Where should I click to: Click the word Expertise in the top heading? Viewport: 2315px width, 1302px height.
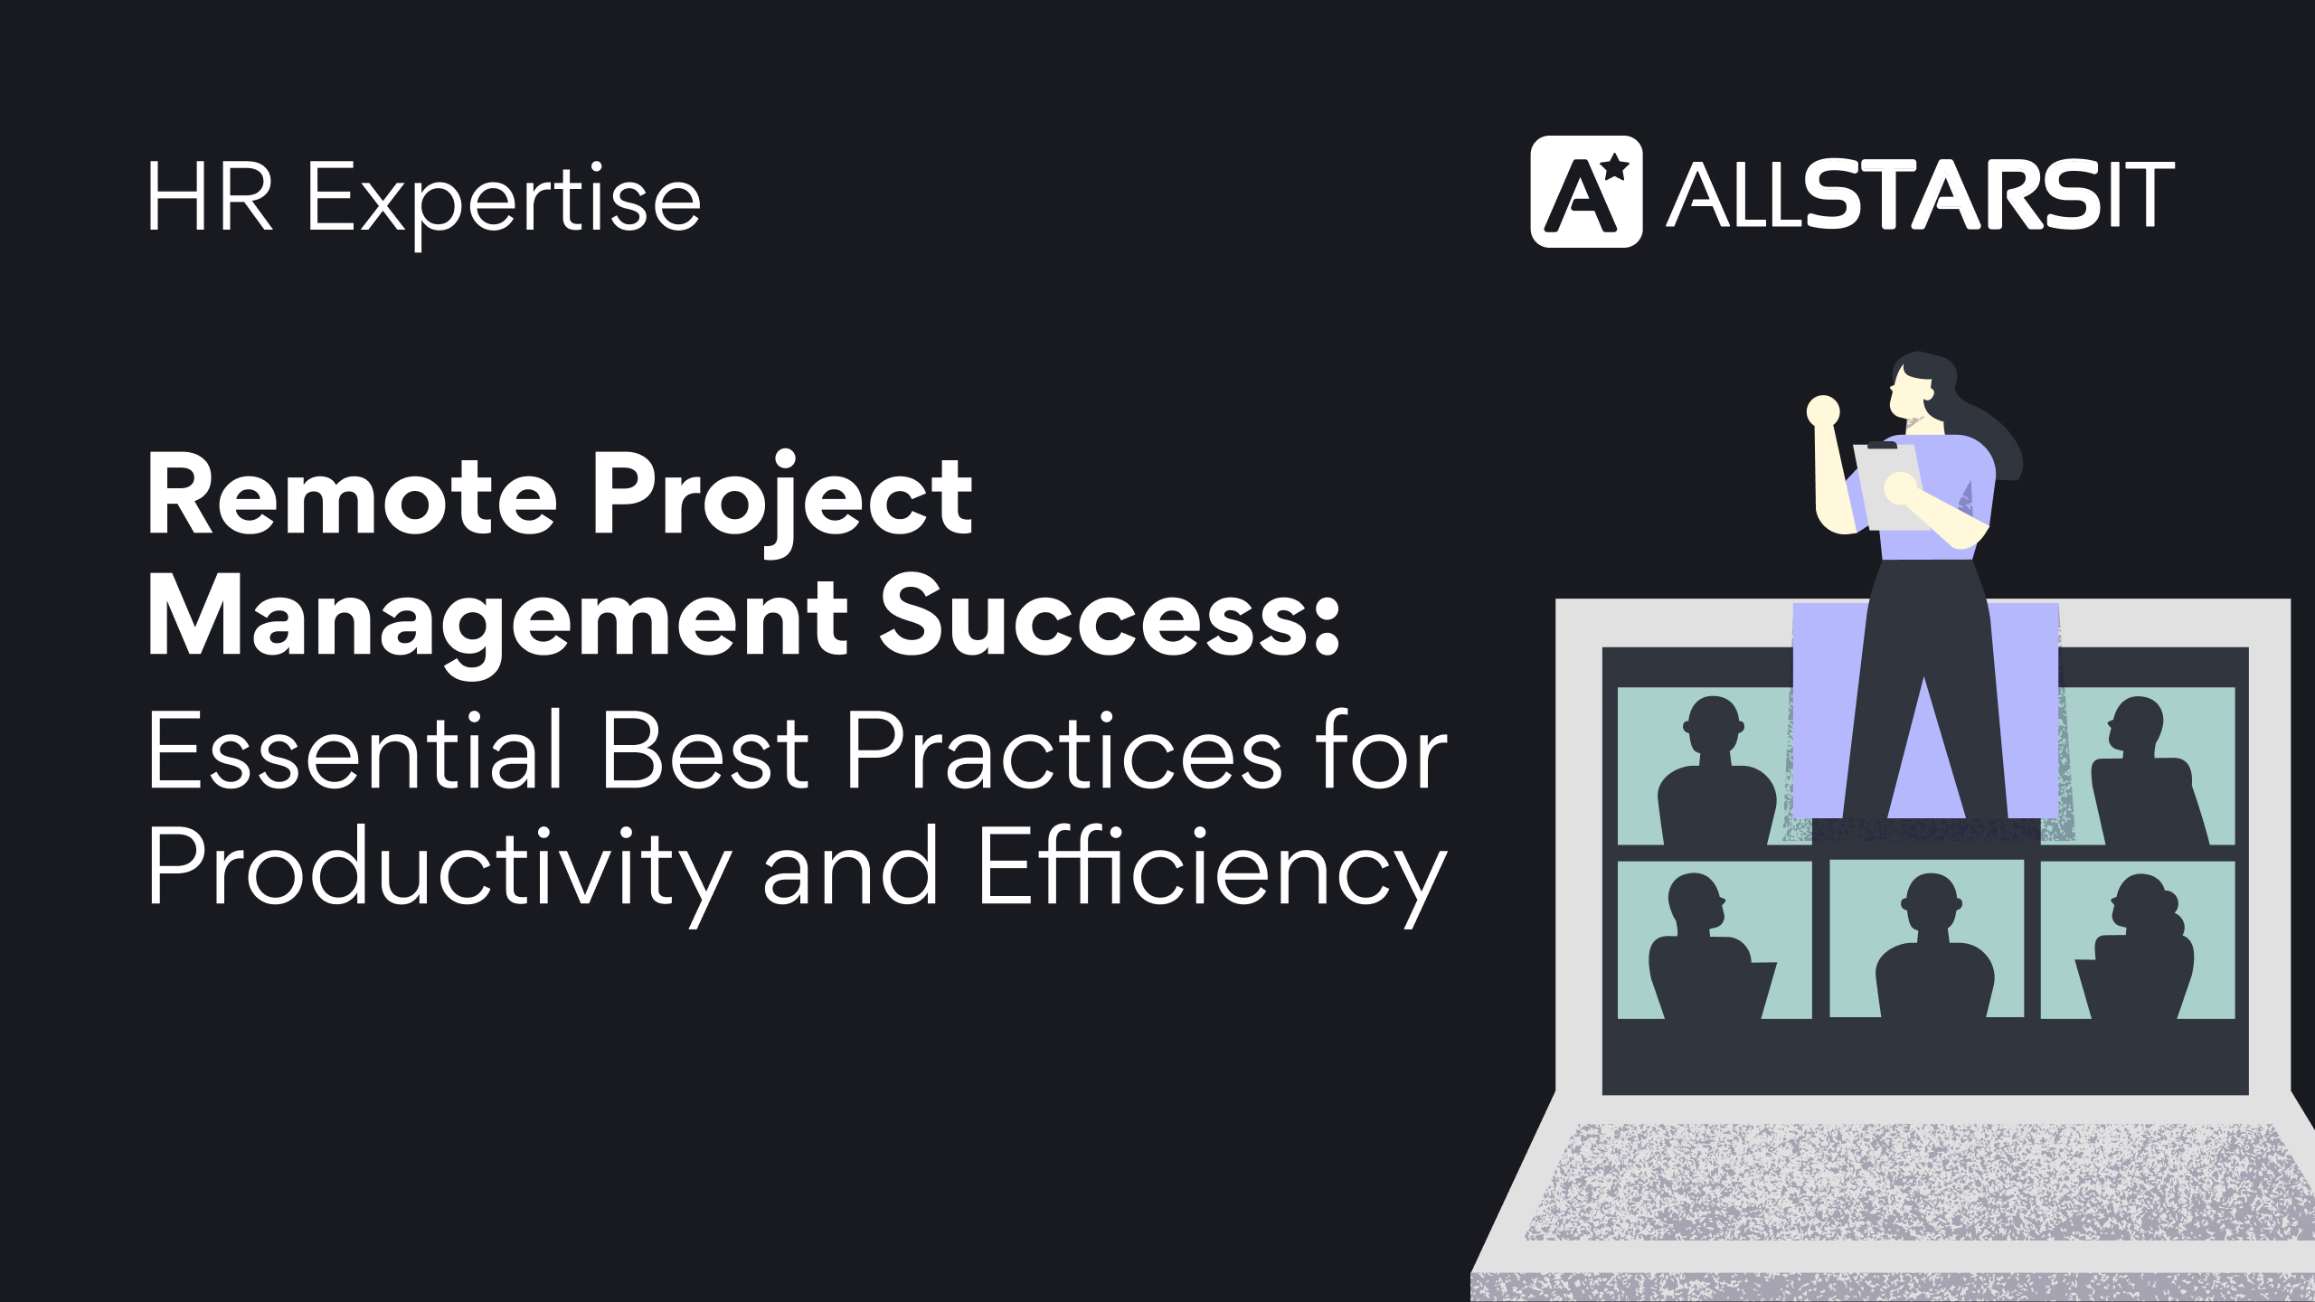[504, 199]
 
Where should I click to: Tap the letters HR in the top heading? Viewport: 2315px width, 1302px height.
[210, 197]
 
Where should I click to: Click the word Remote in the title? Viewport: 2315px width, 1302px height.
[352, 495]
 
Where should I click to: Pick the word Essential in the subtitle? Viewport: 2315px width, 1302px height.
[356, 750]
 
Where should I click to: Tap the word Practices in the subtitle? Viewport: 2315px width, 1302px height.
[1063, 750]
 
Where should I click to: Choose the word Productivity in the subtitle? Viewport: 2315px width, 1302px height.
[439, 868]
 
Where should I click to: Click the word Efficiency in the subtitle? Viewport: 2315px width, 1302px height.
[1212, 868]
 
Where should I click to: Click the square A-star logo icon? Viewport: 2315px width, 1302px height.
[1585, 192]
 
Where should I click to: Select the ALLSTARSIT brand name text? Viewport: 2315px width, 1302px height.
[1921, 194]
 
